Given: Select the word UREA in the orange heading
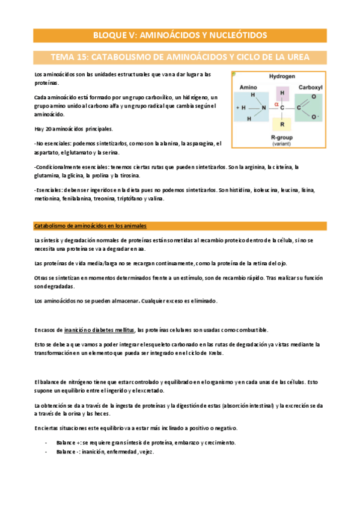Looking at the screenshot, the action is (296, 57).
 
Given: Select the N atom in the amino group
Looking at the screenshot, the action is (262, 108).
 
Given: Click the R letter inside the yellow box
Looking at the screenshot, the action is (281, 124).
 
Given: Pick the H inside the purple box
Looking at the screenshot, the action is (281, 93).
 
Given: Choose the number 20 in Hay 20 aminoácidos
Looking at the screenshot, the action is (46, 129).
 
